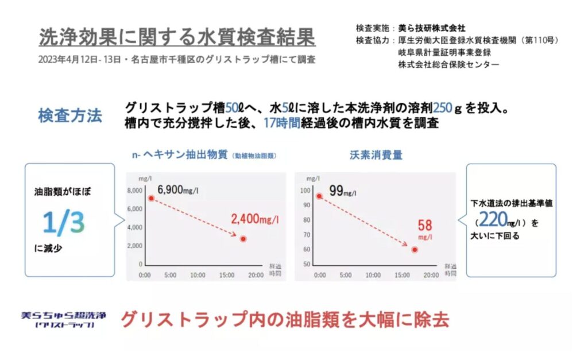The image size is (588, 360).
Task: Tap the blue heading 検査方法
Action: [x=70, y=115]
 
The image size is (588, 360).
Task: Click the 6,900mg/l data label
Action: [x=180, y=188]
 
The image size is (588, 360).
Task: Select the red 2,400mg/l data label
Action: [x=255, y=219]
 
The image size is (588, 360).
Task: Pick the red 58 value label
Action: [x=425, y=225]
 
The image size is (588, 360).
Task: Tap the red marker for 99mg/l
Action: [x=319, y=196]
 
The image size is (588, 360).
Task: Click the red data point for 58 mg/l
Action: [x=415, y=250]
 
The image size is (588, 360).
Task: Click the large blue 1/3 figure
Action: [x=63, y=222]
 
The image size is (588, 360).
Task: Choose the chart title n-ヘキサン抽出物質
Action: [x=179, y=155]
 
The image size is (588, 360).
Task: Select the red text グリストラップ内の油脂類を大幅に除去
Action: [x=284, y=320]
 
